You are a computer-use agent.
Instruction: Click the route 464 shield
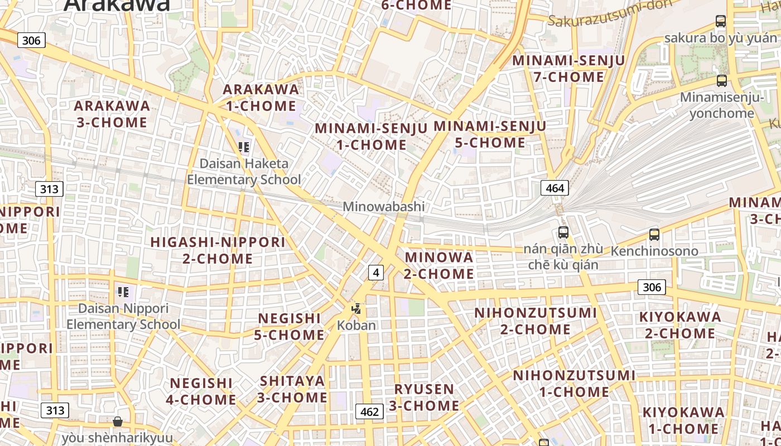[x=555, y=188]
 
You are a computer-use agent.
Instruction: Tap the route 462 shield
[x=369, y=411]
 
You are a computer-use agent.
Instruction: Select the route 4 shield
[x=376, y=272]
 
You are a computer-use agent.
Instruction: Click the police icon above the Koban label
[x=356, y=308]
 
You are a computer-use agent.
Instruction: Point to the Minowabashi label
[x=384, y=206]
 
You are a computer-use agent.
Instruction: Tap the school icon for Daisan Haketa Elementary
[x=244, y=147]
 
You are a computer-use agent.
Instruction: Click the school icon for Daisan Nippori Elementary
[x=123, y=292]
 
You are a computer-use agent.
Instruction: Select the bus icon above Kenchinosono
[x=654, y=235]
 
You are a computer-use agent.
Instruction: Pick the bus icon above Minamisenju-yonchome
[x=722, y=81]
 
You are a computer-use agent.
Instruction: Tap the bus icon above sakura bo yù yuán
[x=721, y=22]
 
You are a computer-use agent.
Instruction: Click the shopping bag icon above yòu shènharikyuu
[x=117, y=421]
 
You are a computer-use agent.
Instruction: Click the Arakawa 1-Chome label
[x=261, y=98]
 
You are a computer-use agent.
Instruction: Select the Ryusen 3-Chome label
[x=424, y=397]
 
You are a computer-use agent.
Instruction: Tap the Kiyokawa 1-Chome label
[x=683, y=420]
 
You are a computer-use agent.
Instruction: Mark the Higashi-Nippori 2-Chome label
[x=218, y=250]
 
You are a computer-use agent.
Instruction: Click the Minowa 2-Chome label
[x=439, y=265]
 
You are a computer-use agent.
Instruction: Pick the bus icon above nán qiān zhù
[x=563, y=232]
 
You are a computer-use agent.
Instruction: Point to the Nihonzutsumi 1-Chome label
[x=574, y=383]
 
